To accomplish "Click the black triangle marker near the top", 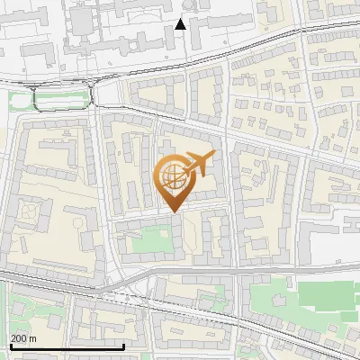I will tap(181, 24).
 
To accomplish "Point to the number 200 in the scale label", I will tap(18, 338).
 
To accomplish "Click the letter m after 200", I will tap(32, 338).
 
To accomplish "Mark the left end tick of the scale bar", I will tap(10, 346).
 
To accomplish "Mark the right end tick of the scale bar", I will tap(123, 346).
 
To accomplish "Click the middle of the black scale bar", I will tap(67, 347).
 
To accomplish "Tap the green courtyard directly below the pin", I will tap(151, 240).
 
